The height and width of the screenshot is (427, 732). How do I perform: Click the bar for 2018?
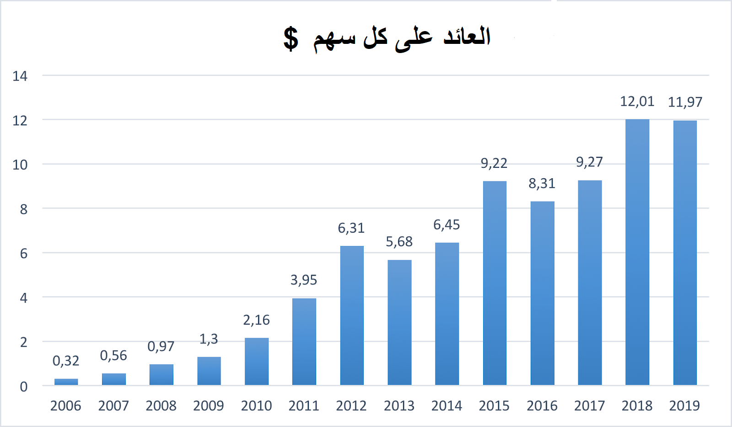pos(637,252)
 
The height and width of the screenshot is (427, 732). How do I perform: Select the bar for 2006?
pos(66,382)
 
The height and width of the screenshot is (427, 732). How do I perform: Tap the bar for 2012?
pos(352,315)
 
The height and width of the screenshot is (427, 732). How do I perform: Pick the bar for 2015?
pos(495,283)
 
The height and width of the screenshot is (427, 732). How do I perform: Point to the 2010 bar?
pos(257,361)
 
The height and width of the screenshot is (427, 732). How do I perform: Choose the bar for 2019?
pos(685,253)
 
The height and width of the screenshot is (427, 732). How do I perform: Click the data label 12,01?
pos(637,101)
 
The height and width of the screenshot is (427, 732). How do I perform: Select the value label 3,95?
pos(304,280)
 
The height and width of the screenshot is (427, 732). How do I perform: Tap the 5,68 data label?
pos(399,241)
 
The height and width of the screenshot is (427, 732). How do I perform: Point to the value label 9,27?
pos(589,162)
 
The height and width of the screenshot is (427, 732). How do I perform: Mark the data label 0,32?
pos(66,361)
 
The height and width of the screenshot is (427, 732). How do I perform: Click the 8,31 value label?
pos(542,184)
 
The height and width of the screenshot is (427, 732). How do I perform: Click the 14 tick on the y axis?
pos(20,76)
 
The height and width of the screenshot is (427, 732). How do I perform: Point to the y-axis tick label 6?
pos(24,254)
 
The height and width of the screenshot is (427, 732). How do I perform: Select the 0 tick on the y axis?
pos(24,387)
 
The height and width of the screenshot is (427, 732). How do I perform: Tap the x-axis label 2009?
pos(209,406)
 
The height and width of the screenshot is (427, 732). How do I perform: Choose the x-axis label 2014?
pos(447,406)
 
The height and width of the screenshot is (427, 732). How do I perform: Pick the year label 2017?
pos(589,406)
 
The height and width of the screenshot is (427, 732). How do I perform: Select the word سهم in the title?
pos(334,40)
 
